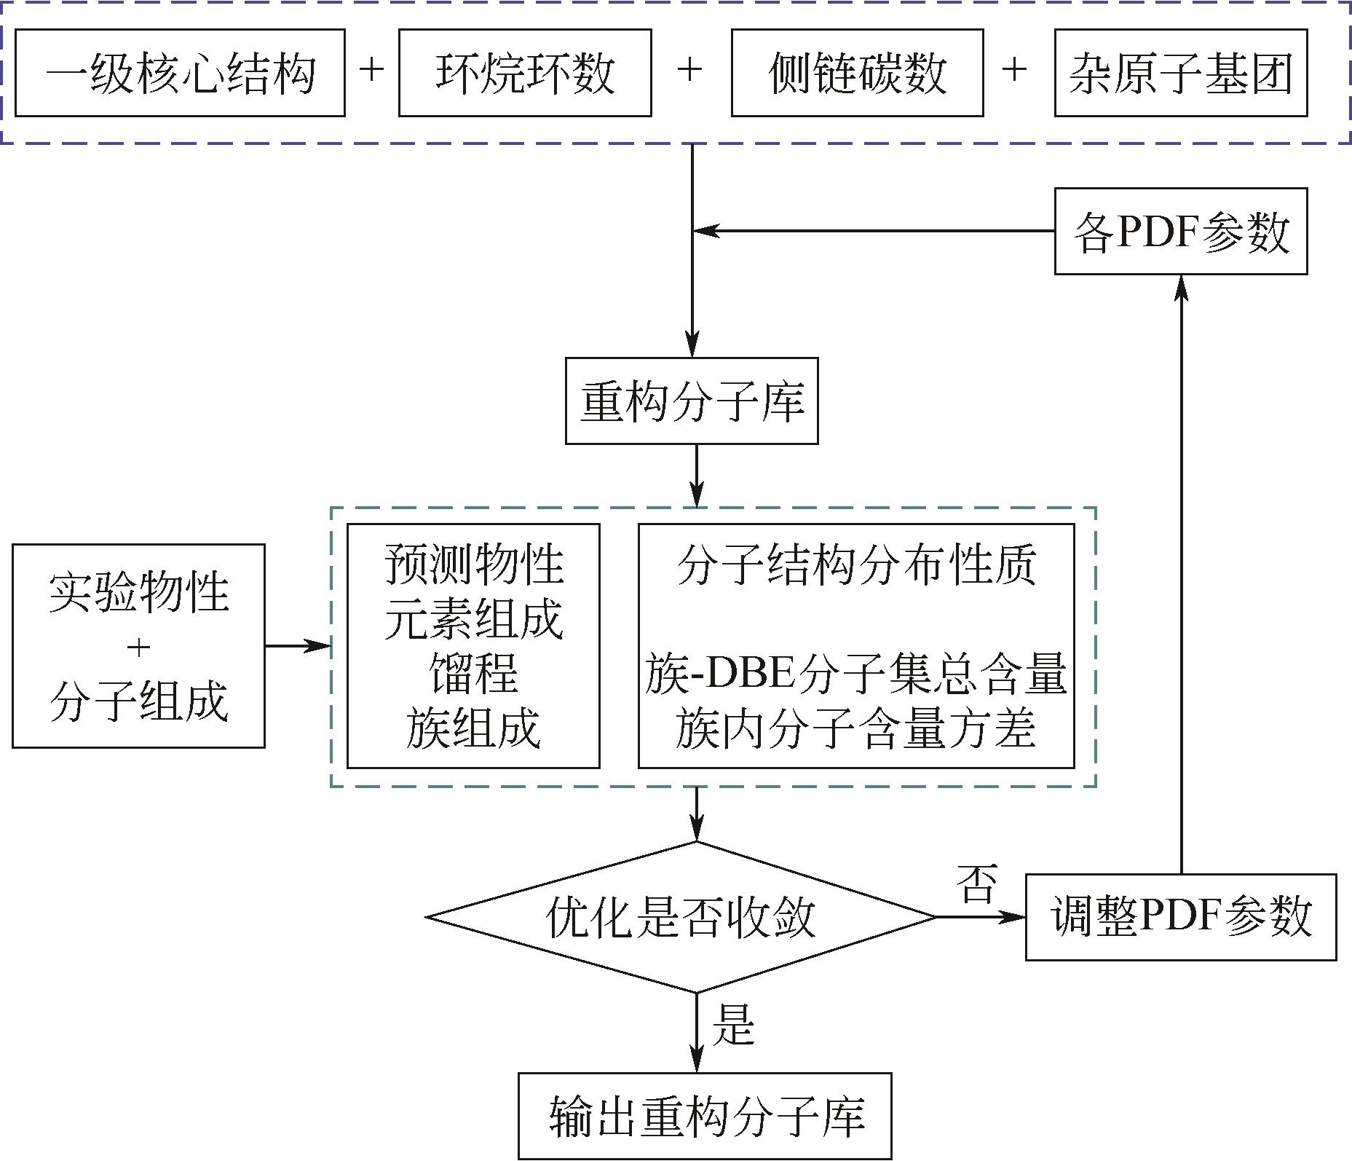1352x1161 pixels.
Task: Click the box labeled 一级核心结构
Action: pos(180,73)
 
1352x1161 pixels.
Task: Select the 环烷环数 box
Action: pos(524,73)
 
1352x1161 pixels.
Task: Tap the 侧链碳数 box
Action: pos(857,73)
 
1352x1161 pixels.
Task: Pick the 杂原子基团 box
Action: pos(1180,73)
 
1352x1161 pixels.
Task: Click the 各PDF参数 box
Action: pos(1180,232)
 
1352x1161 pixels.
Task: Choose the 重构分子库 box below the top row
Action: pos(692,401)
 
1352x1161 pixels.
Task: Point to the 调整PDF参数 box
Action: pos(1180,917)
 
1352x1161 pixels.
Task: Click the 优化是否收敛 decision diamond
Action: pos(681,917)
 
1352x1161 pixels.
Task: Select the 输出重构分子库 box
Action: pos(704,1116)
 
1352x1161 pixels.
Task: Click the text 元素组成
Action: pos(473,619)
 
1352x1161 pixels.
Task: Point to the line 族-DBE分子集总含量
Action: pos(855,674)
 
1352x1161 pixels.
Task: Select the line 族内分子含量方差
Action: pos(855,728)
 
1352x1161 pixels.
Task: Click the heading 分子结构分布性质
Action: pos(855,564)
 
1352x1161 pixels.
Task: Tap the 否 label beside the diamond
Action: pos(976,885)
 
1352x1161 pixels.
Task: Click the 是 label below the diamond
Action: pos(733,1025)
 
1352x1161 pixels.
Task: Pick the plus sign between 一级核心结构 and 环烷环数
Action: pos(371,71)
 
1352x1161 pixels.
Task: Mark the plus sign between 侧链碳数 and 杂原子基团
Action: pos(1014,71)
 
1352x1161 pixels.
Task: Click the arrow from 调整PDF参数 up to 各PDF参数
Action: pos(1182,575)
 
